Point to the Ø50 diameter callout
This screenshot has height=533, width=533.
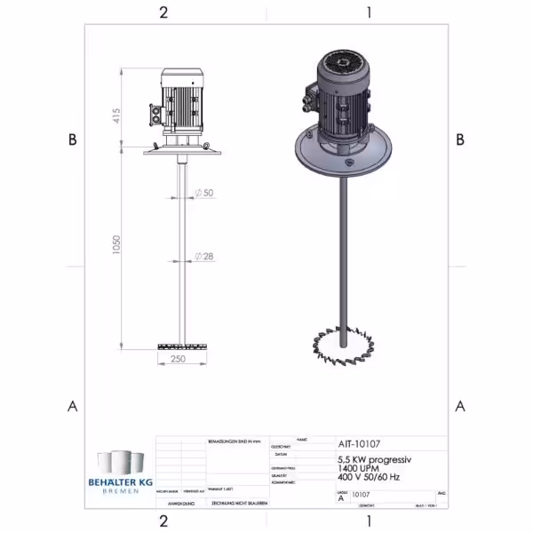[x=206, y=193]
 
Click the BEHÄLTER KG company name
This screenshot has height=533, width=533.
[x=120, y=481]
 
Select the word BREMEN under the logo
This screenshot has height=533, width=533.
[x=120, y=491]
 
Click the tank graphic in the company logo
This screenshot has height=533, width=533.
[x=120, y=463]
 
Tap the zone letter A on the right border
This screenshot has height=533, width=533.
[x=460, y=406]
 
